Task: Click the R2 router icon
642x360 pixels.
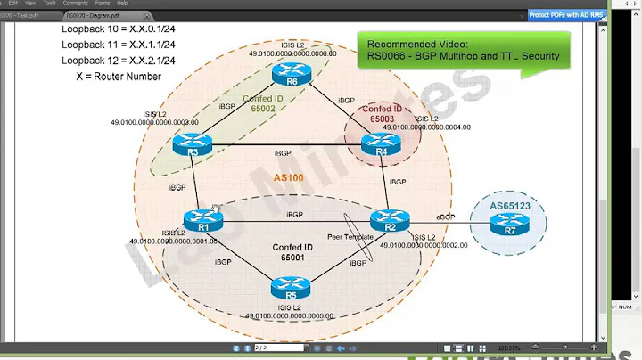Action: (390, 219)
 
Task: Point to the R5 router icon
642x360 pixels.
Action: (291, 288)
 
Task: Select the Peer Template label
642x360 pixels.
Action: (350, 237)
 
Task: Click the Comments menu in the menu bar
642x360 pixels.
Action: (75, 4)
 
